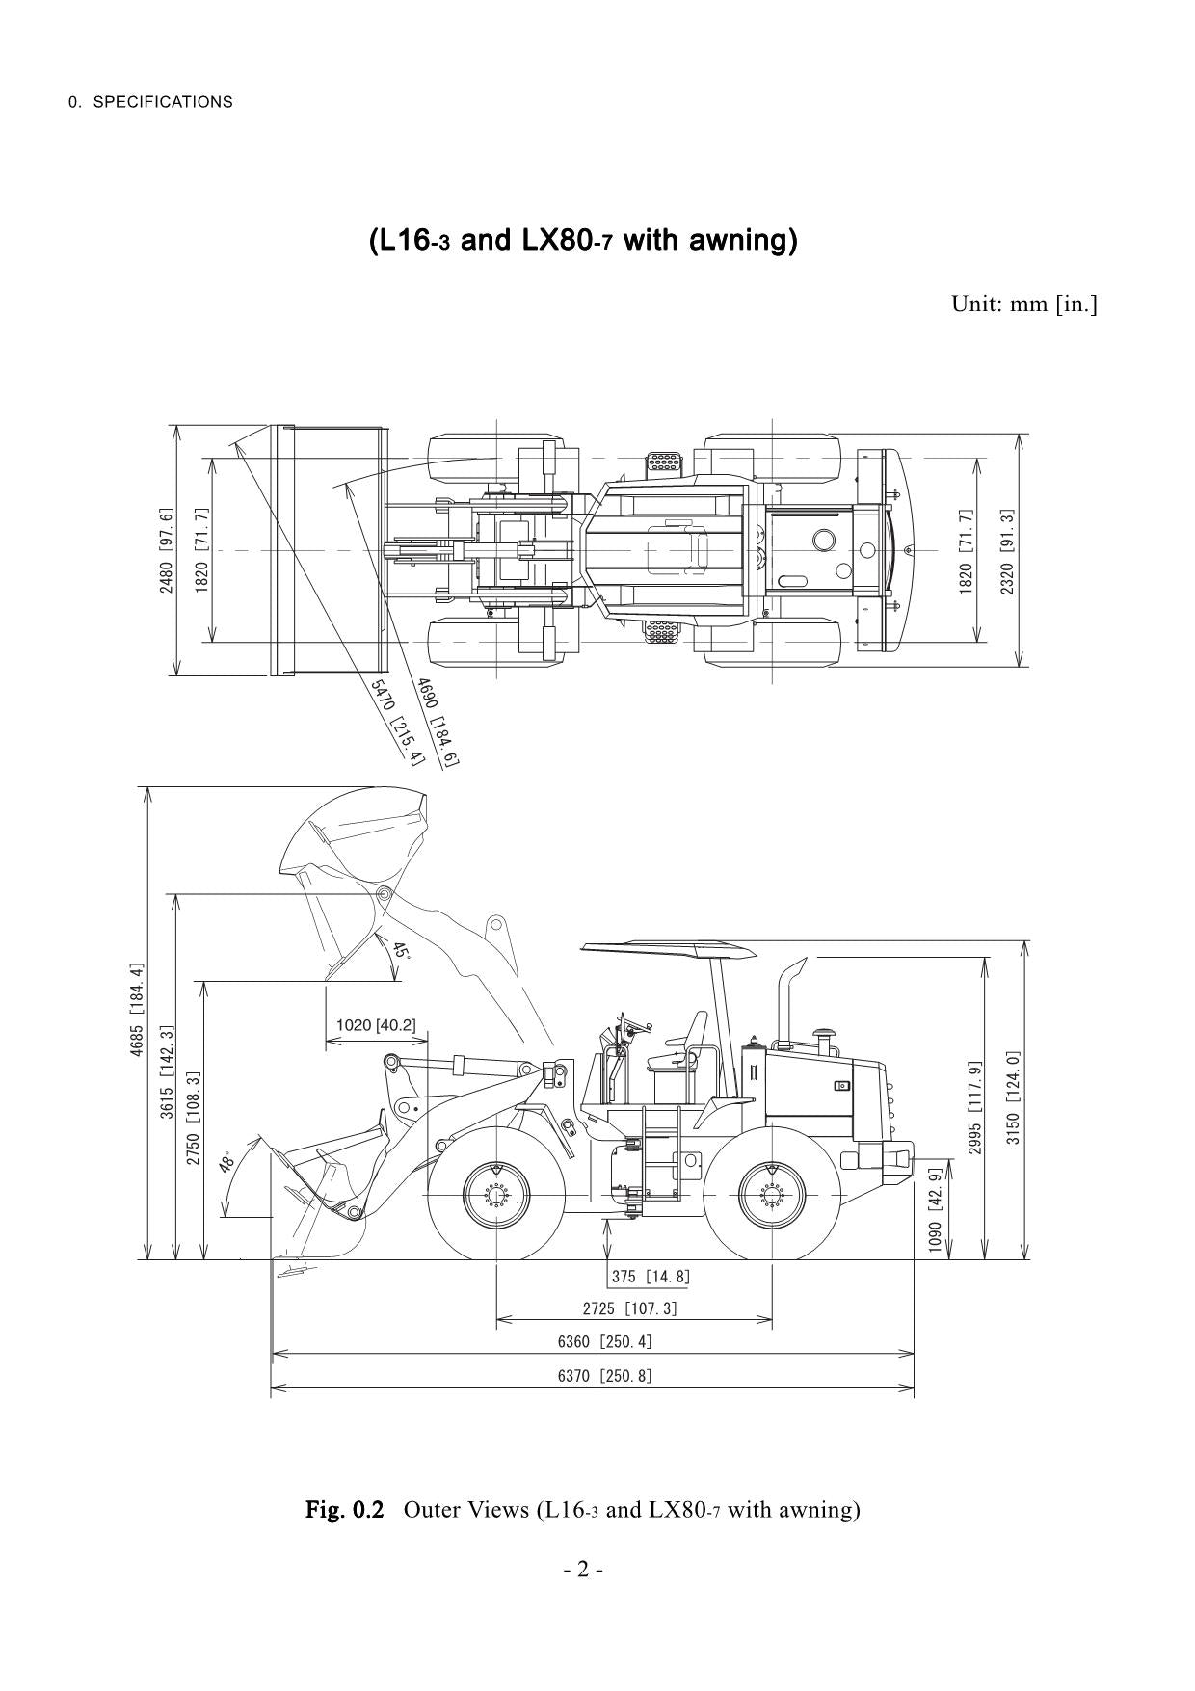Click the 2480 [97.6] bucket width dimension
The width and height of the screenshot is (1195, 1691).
167,550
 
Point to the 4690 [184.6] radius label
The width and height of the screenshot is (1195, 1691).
437,722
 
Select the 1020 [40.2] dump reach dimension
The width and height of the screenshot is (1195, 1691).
376,1024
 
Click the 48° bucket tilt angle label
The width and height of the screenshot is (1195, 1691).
228,1161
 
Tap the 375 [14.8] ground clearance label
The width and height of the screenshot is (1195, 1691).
651,1277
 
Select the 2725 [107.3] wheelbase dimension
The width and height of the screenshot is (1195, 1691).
630,1308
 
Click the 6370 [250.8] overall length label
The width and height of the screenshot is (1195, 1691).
604,1376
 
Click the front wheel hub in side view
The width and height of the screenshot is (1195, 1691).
496,1196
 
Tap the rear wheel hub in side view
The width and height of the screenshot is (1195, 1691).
771,1196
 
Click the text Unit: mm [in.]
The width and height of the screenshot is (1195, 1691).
1024,304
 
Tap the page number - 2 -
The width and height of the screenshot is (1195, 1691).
584,1570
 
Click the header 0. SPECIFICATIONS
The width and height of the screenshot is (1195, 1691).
150,102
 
